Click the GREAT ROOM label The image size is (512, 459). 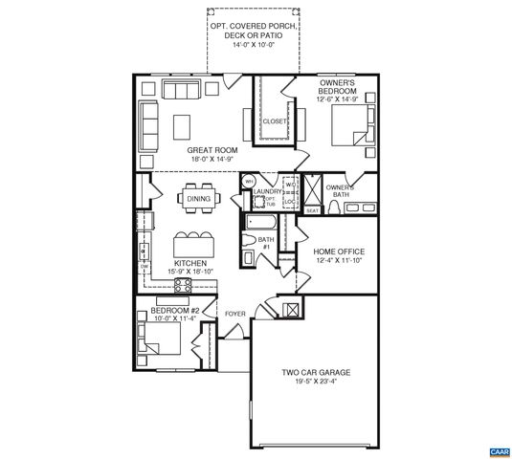[x=199, y=150]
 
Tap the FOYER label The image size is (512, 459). [x=235, y=314]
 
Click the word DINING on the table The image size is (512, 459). [x=199, y=199]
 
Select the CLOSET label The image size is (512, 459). [x=276, y=121]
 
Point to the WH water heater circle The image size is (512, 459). [x=247, y=181]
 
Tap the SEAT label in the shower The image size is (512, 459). [x=312, y=209]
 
